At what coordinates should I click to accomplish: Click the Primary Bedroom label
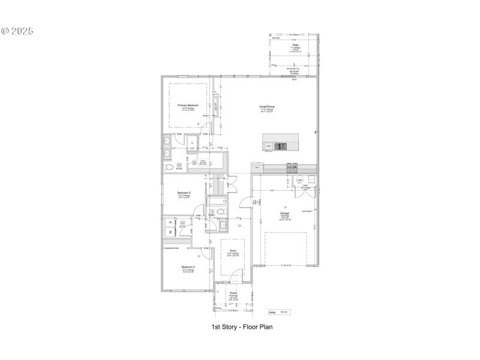click(188, 104)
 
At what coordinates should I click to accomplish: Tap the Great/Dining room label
click(267, 106)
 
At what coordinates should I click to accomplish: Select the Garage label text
click(284, 213)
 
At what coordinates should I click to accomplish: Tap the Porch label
click(233, 293)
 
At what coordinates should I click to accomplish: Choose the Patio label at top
click(295, 44)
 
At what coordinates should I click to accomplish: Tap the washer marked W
click(170, 231)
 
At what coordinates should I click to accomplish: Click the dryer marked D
click(170, 221)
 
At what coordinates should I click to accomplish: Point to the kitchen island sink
click(280, 145)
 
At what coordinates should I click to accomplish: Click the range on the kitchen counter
click(292, 167)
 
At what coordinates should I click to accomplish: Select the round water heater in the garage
click(300, 180)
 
